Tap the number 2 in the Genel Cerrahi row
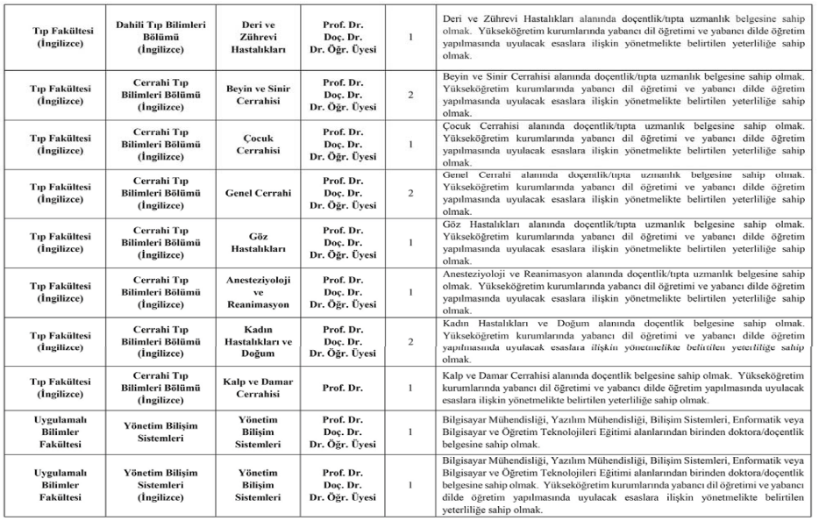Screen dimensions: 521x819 click(410, 193)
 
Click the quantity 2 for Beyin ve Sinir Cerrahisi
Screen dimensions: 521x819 click(410, 94)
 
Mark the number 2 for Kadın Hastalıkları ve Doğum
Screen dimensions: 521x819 click(410, 339)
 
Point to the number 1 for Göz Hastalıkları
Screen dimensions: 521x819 click(410, 242)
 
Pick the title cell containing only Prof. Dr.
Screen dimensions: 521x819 click(344, 387)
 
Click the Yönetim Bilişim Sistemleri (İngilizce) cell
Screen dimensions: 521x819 click(161, 484)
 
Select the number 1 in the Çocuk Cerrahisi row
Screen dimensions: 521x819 click(410, 143)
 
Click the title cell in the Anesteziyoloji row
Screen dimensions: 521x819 click(344, 290)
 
